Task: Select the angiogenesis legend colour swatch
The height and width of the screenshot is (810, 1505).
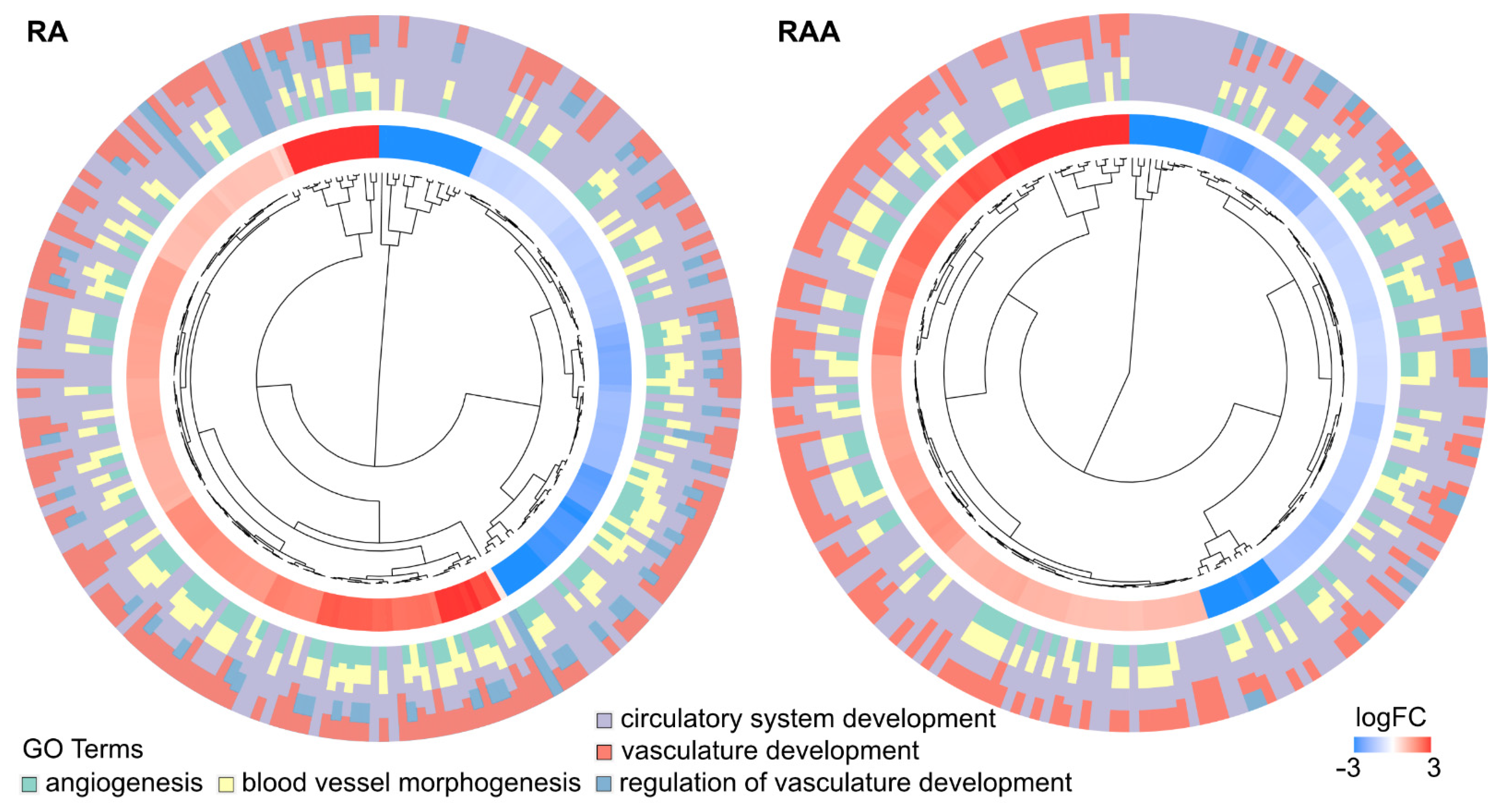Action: coord(29,784)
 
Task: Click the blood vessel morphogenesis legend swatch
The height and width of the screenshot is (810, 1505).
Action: coord(226,784)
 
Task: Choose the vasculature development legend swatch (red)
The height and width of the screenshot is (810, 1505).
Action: coord(604,751)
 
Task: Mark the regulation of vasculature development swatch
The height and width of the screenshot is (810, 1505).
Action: coord(604,783)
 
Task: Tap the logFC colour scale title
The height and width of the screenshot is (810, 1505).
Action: coord(1391,717)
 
